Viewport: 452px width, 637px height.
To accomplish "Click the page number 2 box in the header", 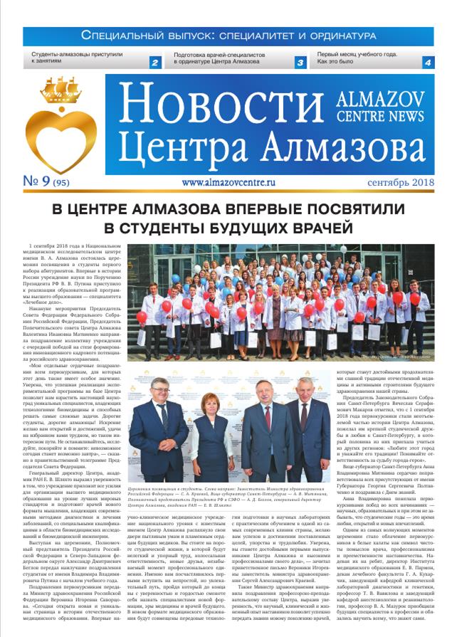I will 154,63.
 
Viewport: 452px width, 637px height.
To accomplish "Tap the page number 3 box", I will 300,63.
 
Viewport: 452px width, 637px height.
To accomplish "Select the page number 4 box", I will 426,63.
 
